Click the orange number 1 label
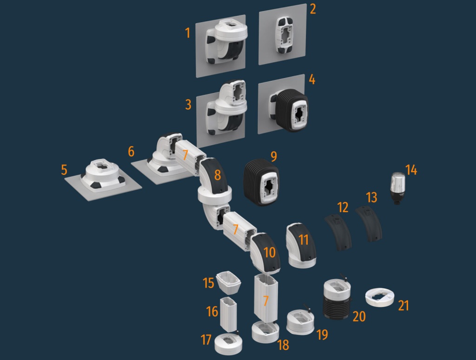coord(188,33)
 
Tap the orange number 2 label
coord(313,9)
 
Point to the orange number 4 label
coord(312,79)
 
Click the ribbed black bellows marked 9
coord(262,182)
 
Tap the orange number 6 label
coord(131,151)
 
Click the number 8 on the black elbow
coord(218,175)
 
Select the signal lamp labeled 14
coord(397,188)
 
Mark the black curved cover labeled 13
coord(369,224)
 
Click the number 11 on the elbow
coord(304,240)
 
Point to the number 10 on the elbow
coord(270,252)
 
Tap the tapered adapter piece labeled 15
coord(229,283)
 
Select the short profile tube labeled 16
coord(228,314)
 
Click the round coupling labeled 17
coord(228,344)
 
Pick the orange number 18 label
coord(283,345)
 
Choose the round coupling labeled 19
coord(300,322)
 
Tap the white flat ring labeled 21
coord(380,298)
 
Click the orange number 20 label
coord(359,317)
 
